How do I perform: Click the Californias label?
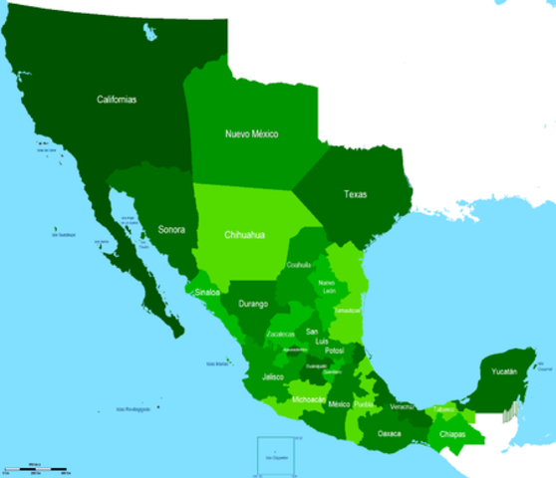tap(117, 100)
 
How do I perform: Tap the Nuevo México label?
tap(251, 133)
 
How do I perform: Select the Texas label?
tap(355, 194)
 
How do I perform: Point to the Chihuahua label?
tap(243, 234)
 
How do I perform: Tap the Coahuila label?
tap(299, 265)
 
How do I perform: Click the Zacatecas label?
tap(280, 334)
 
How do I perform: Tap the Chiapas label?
tap(452, 434)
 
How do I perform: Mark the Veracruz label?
tap(402, 407)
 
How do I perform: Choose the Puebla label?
tap(364, 404)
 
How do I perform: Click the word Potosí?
tap(334, 351)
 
